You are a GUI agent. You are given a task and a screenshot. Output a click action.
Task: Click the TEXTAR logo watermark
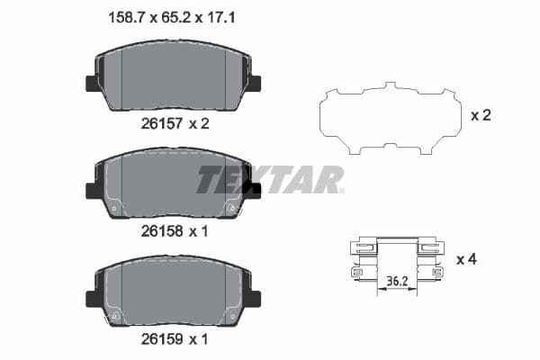tap(270, 179)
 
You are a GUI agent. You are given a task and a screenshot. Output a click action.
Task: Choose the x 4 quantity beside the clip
tap(465, 260)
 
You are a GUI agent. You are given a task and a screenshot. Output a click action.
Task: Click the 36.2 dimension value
tap(396, 281)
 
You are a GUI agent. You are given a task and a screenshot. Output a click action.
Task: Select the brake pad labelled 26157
tap(172, 76)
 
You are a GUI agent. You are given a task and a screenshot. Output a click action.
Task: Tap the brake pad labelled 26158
tap(172, 185)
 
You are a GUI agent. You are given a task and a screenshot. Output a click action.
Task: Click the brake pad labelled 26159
tap(172, 292)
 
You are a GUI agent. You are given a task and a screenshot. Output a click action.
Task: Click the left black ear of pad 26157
tap(92, 84)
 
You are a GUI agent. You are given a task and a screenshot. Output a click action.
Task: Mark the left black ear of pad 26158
tap(92, 191)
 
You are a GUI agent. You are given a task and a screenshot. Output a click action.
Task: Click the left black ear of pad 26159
tap(92, 299)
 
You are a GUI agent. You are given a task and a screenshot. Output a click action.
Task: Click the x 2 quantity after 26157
tap(198, 123)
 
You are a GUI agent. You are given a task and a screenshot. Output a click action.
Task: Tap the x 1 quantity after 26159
tap(198, 339)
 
